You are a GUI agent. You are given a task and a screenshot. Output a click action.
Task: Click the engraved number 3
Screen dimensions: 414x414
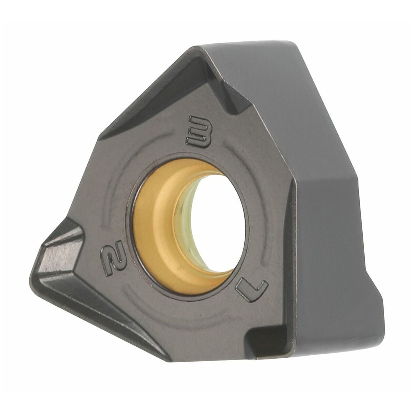tap(199, 132)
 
